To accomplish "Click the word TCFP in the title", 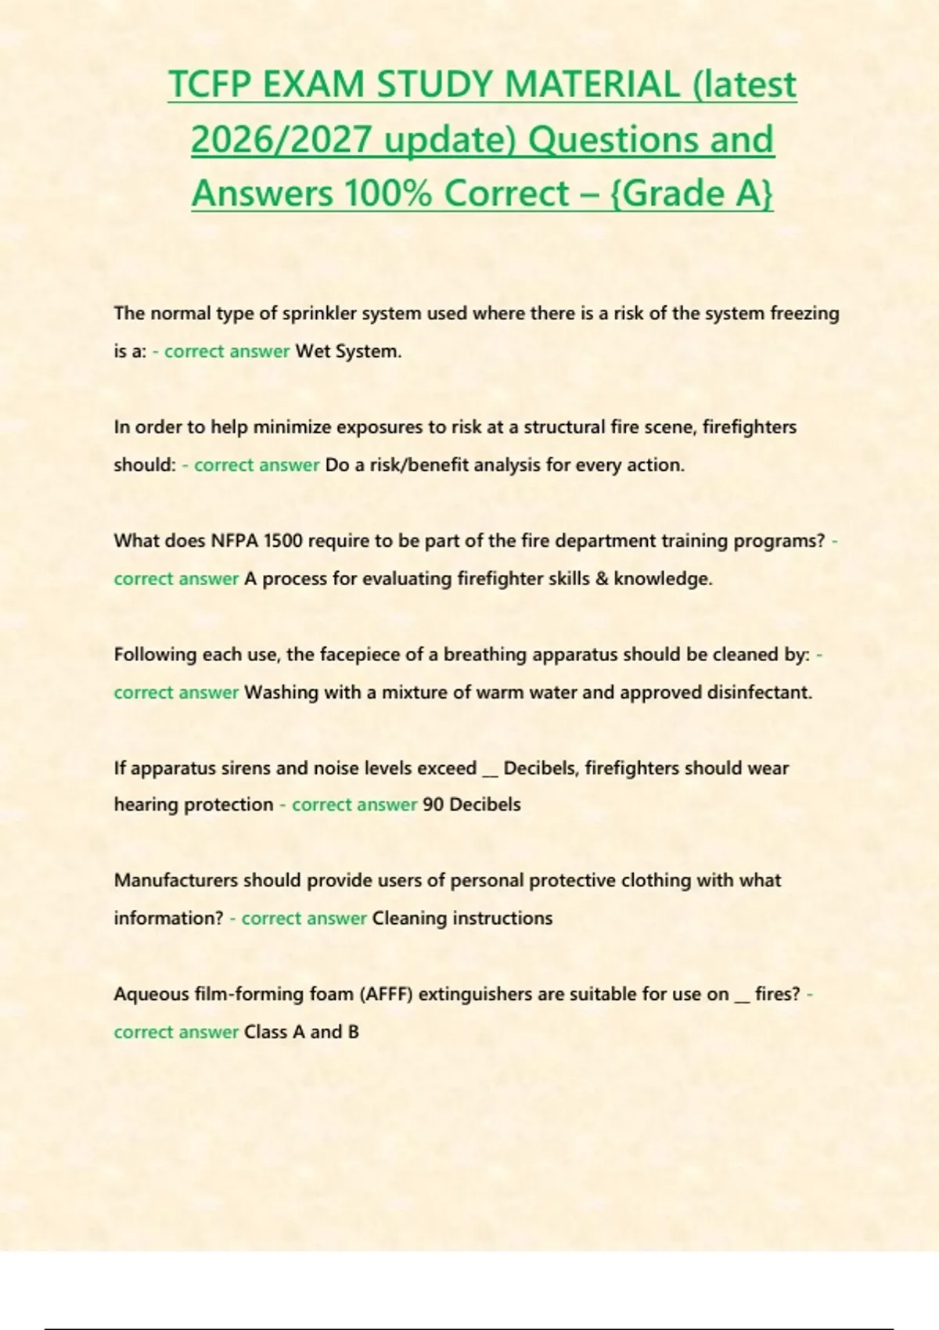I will (x=210, y=85).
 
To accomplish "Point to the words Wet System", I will (x=348, y=351).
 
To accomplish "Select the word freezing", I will (x=805, y=314).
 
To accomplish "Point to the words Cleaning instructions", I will (x=462, y=918).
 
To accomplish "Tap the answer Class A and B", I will (x=301, y=1032).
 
